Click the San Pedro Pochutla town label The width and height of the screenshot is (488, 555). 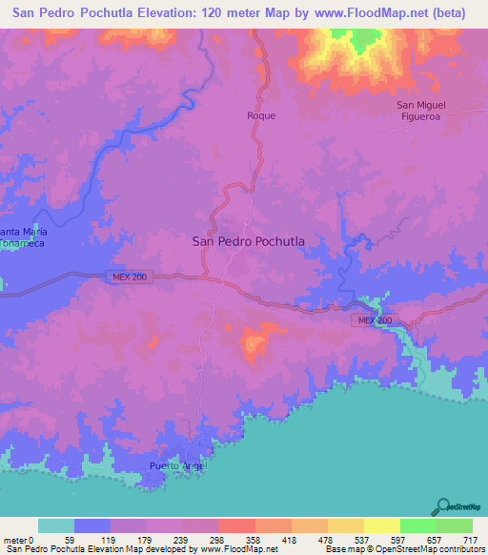(249, 242)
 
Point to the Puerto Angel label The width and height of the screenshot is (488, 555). (177, 466)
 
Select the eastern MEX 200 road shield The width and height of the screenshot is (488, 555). (375, 320)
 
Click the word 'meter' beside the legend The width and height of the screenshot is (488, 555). (13, 539)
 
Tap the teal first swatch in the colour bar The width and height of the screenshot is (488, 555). (55, 525)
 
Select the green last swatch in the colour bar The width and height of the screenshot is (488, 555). (454, 525)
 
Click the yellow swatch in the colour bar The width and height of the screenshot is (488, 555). (381, 525)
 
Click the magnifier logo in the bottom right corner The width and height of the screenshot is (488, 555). (444, 506)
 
